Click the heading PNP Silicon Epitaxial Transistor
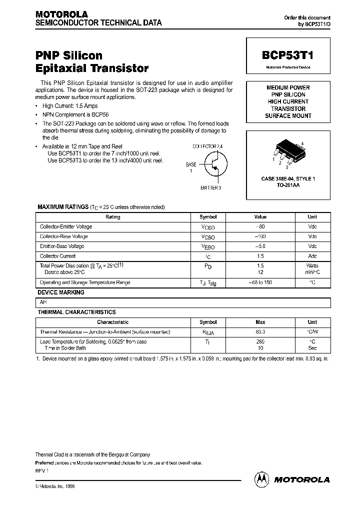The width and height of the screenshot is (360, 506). click(x=92, y=61)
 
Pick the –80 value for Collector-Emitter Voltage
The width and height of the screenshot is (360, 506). click(x=260, y=226)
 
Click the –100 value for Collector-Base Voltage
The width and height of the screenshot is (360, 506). click(x=260, y=236)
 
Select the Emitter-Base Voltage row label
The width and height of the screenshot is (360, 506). click(x=62, y=246)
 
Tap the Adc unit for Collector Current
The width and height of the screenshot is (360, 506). click(x=312, y=256)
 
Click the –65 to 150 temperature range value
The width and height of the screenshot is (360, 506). click(x=260, y=282)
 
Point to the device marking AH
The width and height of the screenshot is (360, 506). click(x=43, y=302)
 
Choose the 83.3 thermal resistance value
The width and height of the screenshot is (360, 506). click(x=260, y=332)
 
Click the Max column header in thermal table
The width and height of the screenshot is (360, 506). click(x=260, y=322)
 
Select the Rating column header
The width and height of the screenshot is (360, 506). click(x=113, y=217)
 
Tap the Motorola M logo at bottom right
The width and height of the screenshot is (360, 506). click(x=261, y=479)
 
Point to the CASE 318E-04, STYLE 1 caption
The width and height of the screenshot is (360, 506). click(x=288, y=178)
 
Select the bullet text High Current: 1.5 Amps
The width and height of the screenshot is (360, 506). click(x=70, y=106)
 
